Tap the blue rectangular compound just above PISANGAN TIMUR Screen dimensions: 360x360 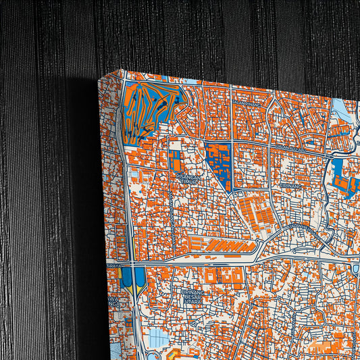point(176,161)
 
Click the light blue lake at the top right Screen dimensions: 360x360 point(340,108)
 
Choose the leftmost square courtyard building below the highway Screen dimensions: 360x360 point(211,276)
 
